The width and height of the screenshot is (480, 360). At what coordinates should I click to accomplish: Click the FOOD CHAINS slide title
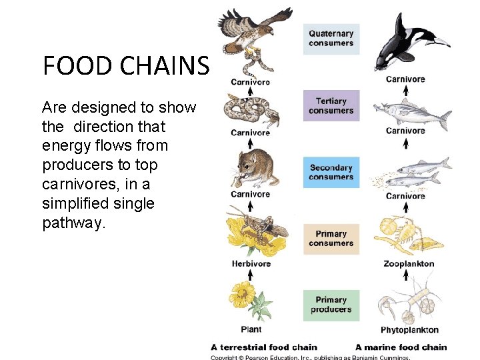(126, 66)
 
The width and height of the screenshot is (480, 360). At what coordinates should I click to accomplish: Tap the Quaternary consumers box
(331, 39)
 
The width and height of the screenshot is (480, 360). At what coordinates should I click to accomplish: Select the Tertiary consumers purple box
(331, 106)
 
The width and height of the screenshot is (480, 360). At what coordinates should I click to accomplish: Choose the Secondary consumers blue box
(331, 172)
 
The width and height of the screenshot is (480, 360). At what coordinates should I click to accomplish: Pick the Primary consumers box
(331, 239)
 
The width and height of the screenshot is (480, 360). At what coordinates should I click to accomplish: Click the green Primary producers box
(331, 305)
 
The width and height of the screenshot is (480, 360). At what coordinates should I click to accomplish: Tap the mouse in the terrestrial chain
(251, 167)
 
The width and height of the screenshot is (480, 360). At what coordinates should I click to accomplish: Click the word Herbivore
(251, 263)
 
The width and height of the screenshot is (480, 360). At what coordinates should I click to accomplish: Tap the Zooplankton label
(409, 263)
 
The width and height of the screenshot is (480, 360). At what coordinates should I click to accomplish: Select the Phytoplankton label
(409, 330)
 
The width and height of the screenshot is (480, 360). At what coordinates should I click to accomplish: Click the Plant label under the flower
(251, 329)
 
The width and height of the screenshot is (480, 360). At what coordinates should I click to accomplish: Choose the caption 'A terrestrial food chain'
(264, 347)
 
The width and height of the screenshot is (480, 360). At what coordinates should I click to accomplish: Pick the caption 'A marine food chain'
(401, 347)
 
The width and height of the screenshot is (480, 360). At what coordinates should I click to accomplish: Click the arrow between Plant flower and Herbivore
(251, 275)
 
